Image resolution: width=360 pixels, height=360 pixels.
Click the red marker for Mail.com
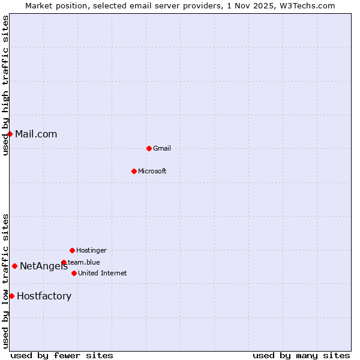(10, 134)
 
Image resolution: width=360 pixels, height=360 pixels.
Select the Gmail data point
(149, 148)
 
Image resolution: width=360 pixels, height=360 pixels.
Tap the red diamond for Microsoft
(134, 171)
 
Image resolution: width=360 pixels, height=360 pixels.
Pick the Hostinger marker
(72, 250)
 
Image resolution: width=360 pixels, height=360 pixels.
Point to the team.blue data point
(64, 262)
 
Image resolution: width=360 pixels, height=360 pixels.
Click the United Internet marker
(74, 273)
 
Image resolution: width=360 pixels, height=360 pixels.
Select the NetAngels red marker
(14, 266)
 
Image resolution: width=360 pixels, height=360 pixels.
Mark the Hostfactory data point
(11, 296)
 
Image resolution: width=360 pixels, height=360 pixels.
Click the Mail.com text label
(36, 134)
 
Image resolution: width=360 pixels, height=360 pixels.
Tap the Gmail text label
(162, 148)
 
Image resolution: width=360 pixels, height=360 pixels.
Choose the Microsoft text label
(152, 171)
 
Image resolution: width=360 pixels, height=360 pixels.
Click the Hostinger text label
(91, 250)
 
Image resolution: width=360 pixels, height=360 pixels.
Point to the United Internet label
(103, 273)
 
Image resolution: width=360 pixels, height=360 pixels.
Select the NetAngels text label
(44, 266)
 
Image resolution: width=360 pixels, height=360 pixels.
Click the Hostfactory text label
(44, 296)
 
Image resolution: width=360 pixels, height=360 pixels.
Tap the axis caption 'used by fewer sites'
(62, 355)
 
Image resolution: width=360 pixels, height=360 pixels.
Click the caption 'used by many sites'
(301, 355)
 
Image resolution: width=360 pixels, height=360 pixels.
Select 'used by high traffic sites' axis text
(6, 85)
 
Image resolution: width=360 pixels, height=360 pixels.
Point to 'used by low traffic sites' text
(6, 281)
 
